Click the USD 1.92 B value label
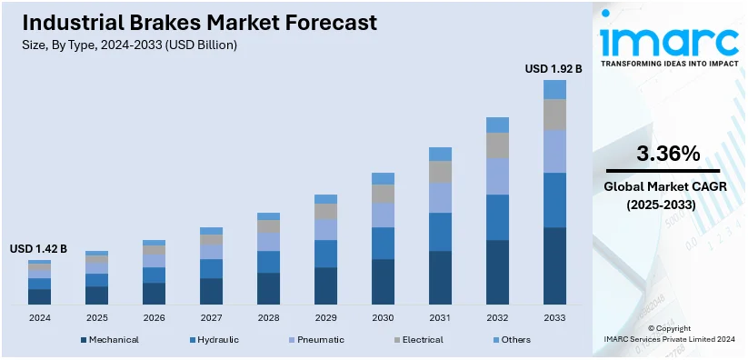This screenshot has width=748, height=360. (554, 68)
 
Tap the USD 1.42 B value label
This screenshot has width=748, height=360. (38, 248)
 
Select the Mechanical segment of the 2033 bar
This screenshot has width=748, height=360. (554, 265)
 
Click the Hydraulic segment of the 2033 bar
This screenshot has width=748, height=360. (554, 200)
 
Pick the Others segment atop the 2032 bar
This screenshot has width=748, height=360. (497, 125)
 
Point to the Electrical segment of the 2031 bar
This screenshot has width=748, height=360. (440, 172)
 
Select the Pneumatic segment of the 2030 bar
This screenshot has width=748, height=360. (383, 215)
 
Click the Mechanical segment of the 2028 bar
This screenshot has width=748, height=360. (268, 288)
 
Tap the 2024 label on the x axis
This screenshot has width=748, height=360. (39, 318)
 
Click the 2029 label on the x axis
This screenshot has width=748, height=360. (325, 318)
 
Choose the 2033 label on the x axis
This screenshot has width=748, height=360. (554, 318)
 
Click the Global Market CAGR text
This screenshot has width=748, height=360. (668, 187)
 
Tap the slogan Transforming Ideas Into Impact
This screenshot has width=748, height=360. (669, 64)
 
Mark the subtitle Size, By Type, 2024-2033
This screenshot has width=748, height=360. (126, 45)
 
